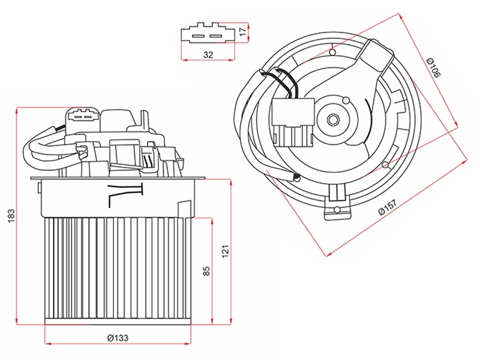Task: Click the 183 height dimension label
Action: (11, 216)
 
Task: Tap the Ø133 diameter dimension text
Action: (118, 338)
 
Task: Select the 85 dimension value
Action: (207, 271)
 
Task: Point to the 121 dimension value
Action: (226, 251)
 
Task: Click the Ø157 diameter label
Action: (388, 208)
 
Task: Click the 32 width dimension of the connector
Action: (208, 55)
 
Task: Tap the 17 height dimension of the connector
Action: (242, 32)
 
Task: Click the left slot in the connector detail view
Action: (198, 37)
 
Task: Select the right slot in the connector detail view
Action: (215, 37)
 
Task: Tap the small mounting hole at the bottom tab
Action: (337, 209)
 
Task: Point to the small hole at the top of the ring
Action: (332, 52)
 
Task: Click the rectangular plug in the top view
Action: (293, 122)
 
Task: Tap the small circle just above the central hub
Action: (346, 100)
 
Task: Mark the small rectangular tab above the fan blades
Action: (185, 208)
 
